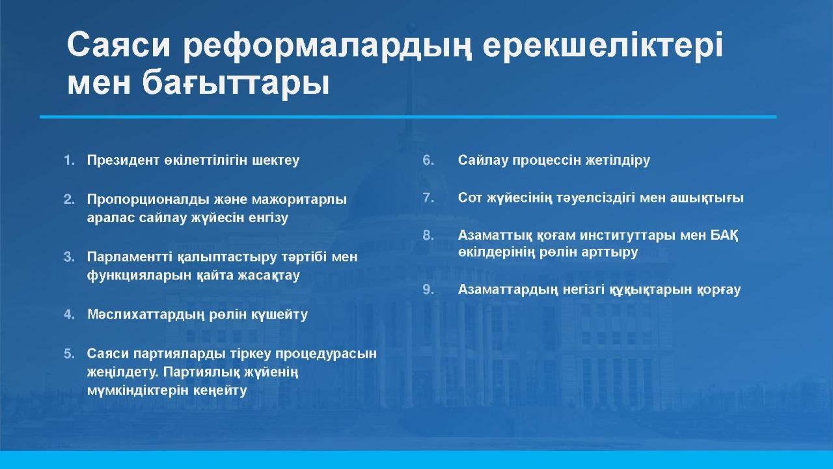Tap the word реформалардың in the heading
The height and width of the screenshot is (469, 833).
(x=328, y=48)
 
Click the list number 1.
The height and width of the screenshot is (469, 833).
(x=69, y=160)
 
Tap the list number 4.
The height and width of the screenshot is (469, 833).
(x=69, y=315)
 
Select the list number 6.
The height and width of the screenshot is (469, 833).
(x=428, y=160)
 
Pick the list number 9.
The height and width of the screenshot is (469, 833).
(x=428, y=289)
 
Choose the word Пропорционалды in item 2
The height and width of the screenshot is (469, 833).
(x=148, y=200)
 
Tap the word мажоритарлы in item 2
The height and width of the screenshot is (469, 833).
(x=299, y=200)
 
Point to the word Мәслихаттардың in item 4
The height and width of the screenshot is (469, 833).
(x=146, y=315)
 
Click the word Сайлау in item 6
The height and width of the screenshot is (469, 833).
(x=482, y=160)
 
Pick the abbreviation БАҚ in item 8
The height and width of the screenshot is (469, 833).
(x=724, y=236)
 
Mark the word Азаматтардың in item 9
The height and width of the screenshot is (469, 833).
(x=508, y=290)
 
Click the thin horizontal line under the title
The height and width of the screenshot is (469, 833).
(x=408, y=117)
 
